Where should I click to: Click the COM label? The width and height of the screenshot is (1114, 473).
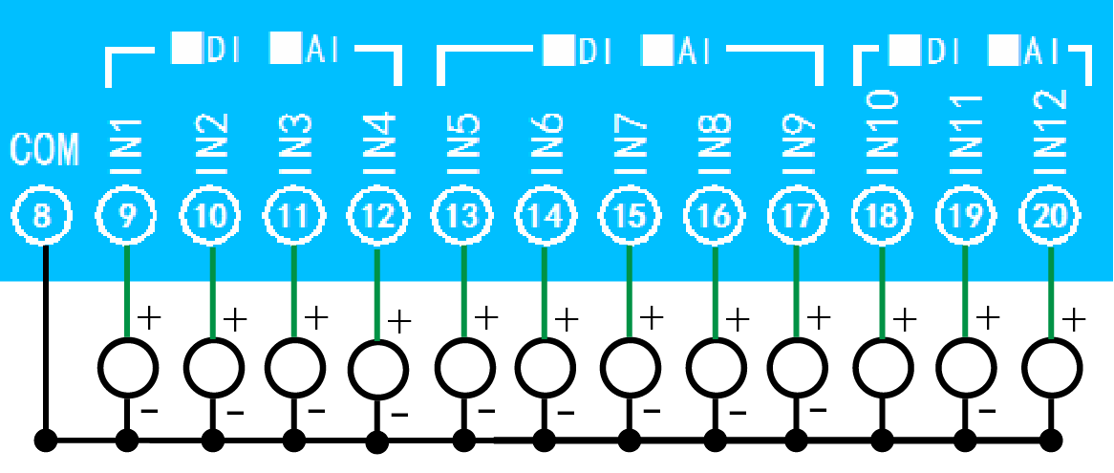click(44, 150)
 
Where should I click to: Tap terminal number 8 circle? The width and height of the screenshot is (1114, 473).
click(42, 217)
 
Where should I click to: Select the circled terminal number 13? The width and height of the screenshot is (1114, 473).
click(462, 217)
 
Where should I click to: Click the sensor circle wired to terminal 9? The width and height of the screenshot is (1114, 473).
click(128, 365)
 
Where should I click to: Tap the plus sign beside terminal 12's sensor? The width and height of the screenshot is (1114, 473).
click(400, 320)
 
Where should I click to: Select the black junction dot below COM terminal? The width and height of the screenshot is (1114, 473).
click(44, 441)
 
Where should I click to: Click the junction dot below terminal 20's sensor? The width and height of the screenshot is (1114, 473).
click(1051, 441)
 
